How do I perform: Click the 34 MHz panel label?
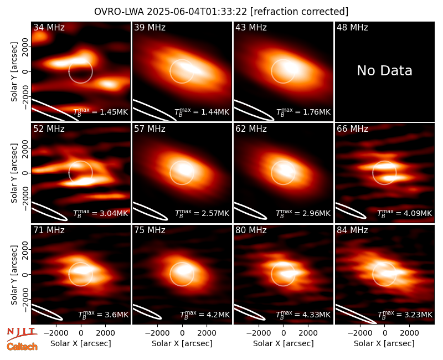[49, 27]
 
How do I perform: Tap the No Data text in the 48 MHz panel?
[384, 70]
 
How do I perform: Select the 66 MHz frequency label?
[352, 129]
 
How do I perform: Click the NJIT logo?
[22, 333]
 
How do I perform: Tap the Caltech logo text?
[22, 347]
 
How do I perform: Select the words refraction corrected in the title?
[300, 12]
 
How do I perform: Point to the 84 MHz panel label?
[352, 230]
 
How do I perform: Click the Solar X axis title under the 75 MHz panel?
[182, 343]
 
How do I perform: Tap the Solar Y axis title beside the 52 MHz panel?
[14, 173]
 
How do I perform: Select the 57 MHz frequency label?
[150, 129]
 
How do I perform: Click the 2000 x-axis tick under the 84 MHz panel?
[409, 333]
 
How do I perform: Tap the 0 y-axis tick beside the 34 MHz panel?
[25, 71]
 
